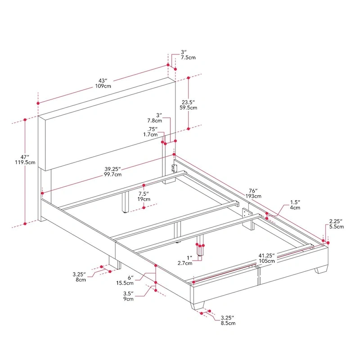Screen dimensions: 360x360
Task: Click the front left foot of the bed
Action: tap(198, 306)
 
